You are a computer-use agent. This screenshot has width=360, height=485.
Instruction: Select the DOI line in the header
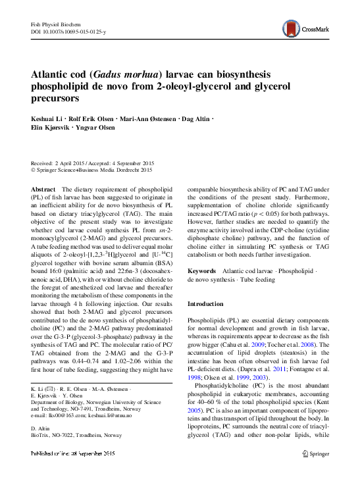(x=68, y=32)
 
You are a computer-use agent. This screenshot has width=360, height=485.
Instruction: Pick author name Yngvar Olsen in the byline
(x=107, y=129)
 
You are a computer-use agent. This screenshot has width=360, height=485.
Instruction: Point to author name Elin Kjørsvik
(x=55, y=129)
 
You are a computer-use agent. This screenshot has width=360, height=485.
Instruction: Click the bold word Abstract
(x=43, y=189)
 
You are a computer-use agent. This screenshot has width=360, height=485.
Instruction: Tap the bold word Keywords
(x=202, y=270)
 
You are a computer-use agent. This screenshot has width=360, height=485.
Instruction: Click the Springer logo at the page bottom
(x=315, y=454)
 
